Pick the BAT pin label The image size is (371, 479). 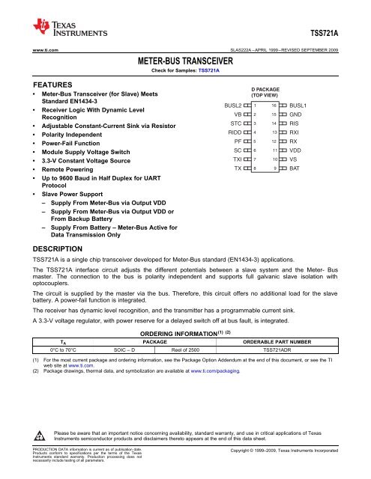(295, 169)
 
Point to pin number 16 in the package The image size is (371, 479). (275, 107)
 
